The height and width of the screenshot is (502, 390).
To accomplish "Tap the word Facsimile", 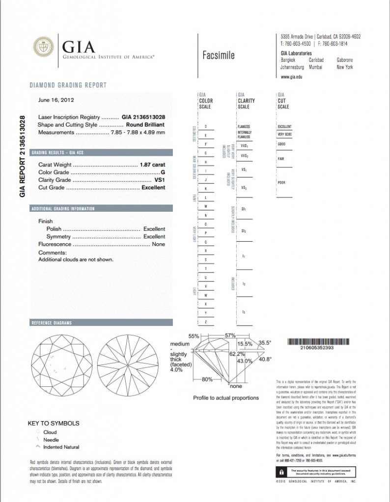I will tap(218, 55).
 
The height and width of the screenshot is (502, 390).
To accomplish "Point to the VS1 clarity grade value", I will tap(160, 180).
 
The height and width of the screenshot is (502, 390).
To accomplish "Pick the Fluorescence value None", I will tap(159, 244).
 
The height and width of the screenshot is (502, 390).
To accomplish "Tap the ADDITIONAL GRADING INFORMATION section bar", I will tap(101, 208).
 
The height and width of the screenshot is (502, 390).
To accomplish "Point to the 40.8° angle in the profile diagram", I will tap(265, 359).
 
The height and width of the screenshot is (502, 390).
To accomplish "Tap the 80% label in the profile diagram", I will tap(207, 379).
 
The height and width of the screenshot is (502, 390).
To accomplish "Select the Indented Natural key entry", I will tap(61, 447).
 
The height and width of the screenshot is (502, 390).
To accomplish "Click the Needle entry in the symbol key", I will tap(51, 440).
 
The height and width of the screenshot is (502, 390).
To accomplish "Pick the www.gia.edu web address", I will tap(291, 77).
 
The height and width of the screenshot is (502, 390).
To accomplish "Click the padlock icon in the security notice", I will tap(279, 472).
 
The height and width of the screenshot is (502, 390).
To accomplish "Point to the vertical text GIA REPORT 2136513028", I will tap(22, 156).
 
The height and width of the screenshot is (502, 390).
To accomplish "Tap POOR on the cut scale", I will tap(281, 182).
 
